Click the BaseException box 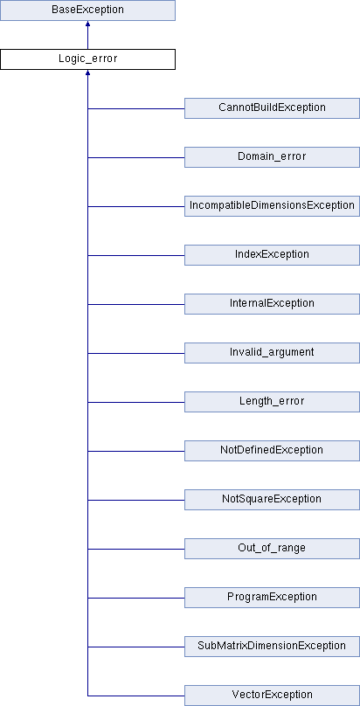pos(87,10)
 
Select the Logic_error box pos(87,59)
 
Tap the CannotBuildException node pos(273,108)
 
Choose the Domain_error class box pos(273,157)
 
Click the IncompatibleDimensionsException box pos(273,206)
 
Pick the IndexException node pos(273,255)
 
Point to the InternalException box pos(273,304)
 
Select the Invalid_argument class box pos(273,353)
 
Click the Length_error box pos(273,402)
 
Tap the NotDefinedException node pos(273,451)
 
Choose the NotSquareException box pos(273,500)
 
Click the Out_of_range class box pos(273,549)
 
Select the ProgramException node pos(273,598)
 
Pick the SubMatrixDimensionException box pos(273,647)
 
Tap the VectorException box pos(273,696)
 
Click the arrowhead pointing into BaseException pos(87,24)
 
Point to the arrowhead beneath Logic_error pos(87,73)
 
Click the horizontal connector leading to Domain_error pos(136,157)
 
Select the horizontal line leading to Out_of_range pos(136,549)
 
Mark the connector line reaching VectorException pos(136,696)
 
